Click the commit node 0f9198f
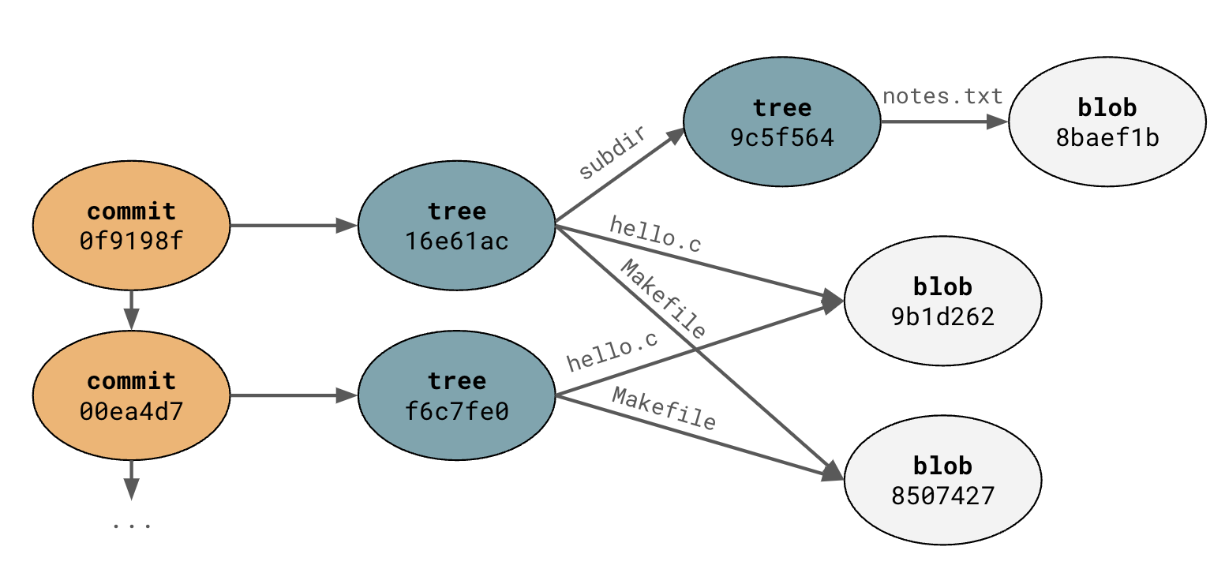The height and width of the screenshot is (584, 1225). click(131, 226)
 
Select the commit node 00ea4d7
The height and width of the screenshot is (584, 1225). click(131, 396)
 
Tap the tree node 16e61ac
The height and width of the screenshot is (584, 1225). click(456, 226)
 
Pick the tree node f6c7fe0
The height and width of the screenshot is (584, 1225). click(456, 396)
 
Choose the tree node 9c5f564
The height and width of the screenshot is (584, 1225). click(781, 122)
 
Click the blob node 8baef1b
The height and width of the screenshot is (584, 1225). click(1107, 122)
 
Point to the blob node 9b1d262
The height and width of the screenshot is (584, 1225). click(942, 301)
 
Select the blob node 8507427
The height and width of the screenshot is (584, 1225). click(942, 480)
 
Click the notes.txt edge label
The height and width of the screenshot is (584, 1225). click(942, 96)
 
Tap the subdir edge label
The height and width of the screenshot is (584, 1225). click(612, 153)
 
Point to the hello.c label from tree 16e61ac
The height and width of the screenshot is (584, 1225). click(655, 234)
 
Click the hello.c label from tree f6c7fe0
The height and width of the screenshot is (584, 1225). click(612, 352)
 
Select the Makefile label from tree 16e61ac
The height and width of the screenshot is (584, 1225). click(663, 300)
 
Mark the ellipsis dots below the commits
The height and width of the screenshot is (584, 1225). click(131, 524)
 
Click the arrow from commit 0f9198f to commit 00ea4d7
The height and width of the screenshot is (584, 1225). click(131, 310)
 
